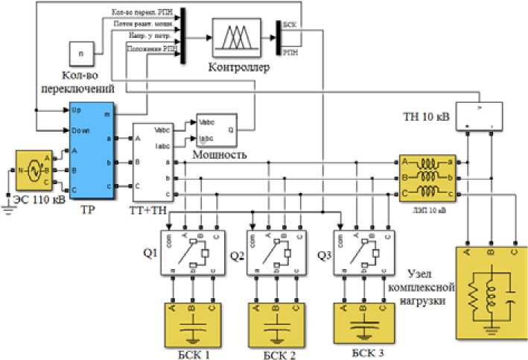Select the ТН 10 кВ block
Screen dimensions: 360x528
479,115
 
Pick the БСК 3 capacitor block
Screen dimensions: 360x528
363,321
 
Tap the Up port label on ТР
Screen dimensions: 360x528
77,109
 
